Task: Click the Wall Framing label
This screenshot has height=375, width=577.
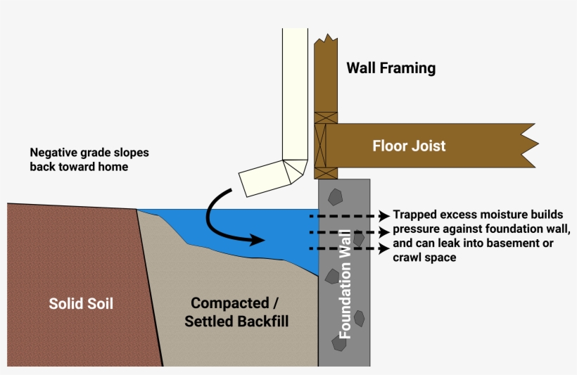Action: pos(391,68)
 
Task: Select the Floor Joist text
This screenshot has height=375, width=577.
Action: pos(409,146)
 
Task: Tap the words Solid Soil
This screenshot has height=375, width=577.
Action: pos(81,304)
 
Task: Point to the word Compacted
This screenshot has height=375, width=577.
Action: pos(230,303)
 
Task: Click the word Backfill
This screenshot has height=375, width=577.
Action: pos(263,322)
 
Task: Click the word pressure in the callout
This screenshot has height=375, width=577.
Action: pos(415,229)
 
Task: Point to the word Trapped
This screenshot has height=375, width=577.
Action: pos(414,215)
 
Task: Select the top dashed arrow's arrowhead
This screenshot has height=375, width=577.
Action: pos(383,215)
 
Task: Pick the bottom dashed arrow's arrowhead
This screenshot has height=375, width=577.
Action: pos(383,248)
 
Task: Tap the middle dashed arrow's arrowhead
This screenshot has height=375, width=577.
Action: pos(383,231)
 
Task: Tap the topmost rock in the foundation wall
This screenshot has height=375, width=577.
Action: pos(334,195)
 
